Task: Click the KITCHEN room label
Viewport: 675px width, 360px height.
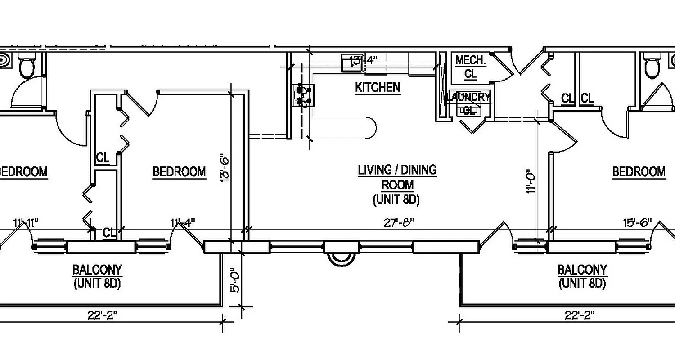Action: tap(378, 87)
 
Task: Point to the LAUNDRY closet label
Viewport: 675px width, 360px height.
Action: tap(469, 97)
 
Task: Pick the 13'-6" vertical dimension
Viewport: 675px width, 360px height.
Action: tap(225, 169)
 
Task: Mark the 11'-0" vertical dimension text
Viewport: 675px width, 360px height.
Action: tap(531, 181)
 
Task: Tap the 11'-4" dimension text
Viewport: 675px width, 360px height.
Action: tap(182, 222)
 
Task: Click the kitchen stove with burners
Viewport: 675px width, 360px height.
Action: tap(303, 96)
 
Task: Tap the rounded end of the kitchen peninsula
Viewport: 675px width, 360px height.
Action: tap(369, 128)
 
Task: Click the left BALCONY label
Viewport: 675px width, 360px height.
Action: tap(97, 270)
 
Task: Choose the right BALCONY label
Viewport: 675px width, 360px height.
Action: tap(582, 270)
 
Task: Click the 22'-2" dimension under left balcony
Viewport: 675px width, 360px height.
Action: tap(102, 315)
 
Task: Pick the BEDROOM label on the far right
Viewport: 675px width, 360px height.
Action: tap(639, 171)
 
